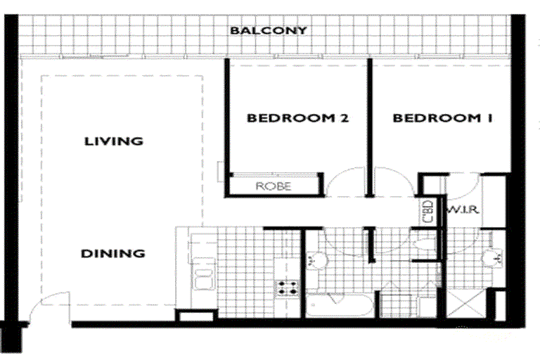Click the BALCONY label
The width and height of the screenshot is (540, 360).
[269, 30]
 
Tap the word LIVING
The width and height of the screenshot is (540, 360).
[114, 141]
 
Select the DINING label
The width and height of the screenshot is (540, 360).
[113, 254]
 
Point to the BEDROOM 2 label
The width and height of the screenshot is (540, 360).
[297, 118]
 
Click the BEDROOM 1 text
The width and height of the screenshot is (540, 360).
[442, 118]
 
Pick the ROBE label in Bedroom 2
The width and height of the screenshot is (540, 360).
[274, 186]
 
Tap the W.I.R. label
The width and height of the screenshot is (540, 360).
[463, 210]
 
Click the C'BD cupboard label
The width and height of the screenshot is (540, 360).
[427, 211]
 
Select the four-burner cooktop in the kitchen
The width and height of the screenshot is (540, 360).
[288, 288]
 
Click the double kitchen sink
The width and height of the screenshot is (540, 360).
[204, 274]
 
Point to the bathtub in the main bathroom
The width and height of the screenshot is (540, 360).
[339, 305]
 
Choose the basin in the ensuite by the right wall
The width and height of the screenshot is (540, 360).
[491, 259]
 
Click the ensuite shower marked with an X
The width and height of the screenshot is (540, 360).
[466, 303]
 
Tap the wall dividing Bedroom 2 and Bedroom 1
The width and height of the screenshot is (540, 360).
[370, 128]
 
